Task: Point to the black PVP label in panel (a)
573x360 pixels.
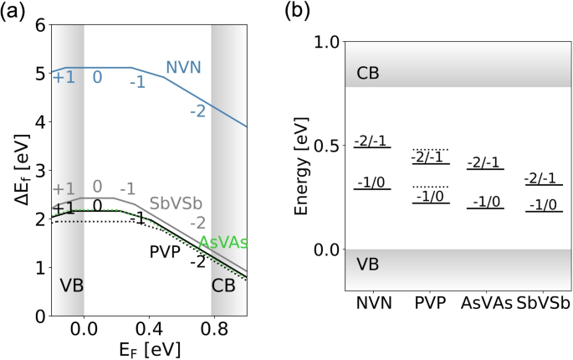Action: tap(166, 250)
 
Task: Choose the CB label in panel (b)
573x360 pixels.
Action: tap(367, 74)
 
